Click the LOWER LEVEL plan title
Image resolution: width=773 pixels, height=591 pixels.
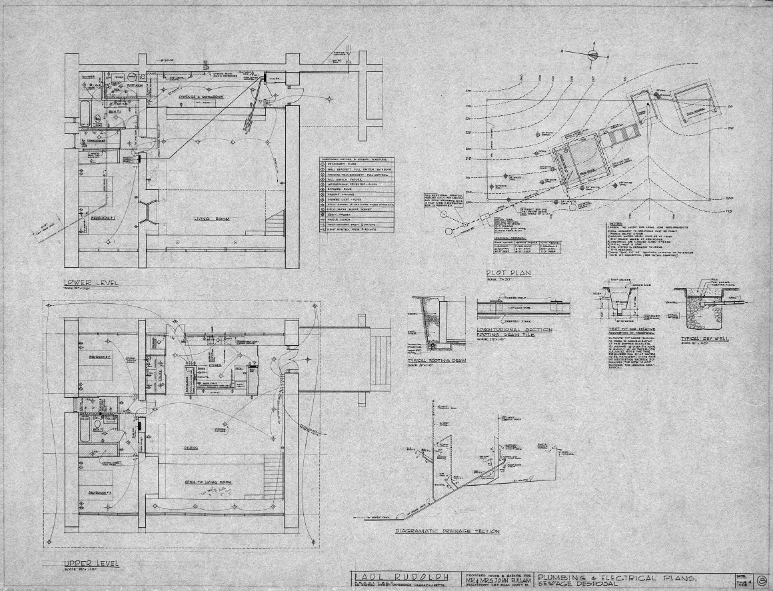pyautogui.click(x=92, y=283)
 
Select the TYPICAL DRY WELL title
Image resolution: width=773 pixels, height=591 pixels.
pyautogui.click(x=693, y=339)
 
